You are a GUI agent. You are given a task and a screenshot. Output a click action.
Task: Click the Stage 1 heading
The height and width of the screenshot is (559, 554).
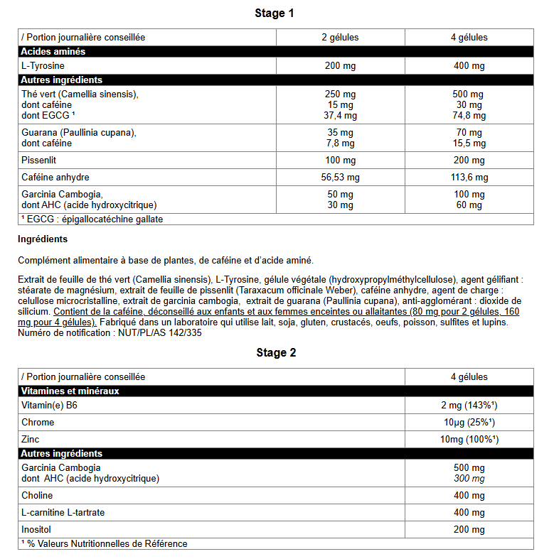pos(275,13)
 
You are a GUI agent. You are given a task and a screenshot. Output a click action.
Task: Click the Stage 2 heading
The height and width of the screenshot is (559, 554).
pos(276,353)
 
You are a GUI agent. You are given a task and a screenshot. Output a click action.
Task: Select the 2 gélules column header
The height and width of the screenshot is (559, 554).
pos(340,38)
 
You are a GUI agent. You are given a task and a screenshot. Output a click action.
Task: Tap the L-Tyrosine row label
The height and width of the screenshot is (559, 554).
pos(43,66)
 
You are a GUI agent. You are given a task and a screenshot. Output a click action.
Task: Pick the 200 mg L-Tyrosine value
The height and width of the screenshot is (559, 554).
pos(340,66)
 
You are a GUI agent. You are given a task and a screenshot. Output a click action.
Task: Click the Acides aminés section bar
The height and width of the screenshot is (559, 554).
pos(53,52)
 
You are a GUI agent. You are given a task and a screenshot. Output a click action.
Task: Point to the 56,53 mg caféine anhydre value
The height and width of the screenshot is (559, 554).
pos(340,178)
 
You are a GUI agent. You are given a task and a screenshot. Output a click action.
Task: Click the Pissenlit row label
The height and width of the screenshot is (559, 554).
pos(38,161)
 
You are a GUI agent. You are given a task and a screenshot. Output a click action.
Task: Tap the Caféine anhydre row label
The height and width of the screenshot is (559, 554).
pos(55,178)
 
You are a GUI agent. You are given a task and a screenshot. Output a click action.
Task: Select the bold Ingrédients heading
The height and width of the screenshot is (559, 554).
pos(43,239)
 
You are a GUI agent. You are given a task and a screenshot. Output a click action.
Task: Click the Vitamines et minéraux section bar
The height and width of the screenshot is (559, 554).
pos(70,391)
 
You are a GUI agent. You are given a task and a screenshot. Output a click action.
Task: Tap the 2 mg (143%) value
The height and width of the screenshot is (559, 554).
pos(468,406)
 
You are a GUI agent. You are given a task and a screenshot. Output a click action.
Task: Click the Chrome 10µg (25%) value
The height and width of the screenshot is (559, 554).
pos(468,423)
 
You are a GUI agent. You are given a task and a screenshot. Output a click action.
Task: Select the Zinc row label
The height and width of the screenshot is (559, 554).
pos(31,440)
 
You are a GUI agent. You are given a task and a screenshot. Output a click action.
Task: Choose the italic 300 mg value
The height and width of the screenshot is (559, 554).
pos(468,479)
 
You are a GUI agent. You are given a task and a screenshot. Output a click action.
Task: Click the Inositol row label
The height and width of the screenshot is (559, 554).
pos(37,530)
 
